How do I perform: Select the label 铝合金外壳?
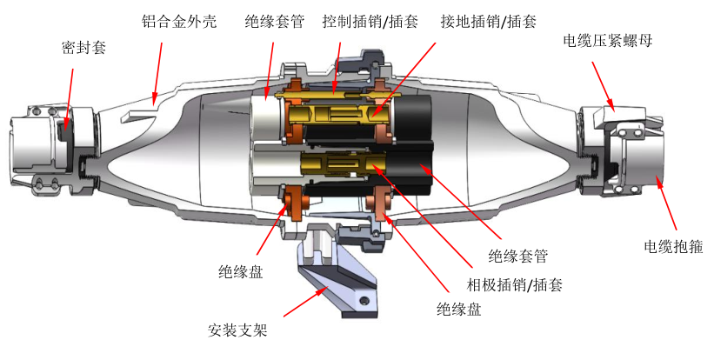pos(170,19)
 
